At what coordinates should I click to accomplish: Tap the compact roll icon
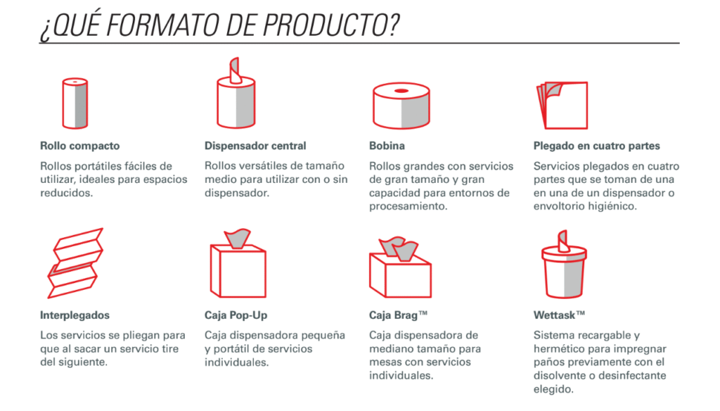[x=75, y=103]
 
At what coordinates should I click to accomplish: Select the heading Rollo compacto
[x=80, y=146]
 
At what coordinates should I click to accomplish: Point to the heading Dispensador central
[x=255, y=146]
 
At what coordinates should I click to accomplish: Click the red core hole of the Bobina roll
[x=401, y=91]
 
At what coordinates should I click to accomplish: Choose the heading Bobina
[x=387, y=146]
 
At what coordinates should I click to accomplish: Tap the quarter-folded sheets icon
[x=562, y=106]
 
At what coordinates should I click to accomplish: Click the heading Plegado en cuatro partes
[x=596, y=146]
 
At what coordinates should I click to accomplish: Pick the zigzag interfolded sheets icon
[x=75, y=263]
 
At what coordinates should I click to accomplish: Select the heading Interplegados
[x=75, y=315]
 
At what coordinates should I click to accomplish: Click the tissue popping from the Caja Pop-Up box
[x=238, y=238]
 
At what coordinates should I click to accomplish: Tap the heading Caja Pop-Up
[x=236, y=315]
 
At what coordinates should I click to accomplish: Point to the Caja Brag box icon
[x=400, y=267]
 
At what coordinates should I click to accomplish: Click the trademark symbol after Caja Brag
[x=423, y=313]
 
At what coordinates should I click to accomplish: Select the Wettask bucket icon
[x=564, y=265]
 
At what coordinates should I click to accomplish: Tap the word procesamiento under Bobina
[x=401, y=206]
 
